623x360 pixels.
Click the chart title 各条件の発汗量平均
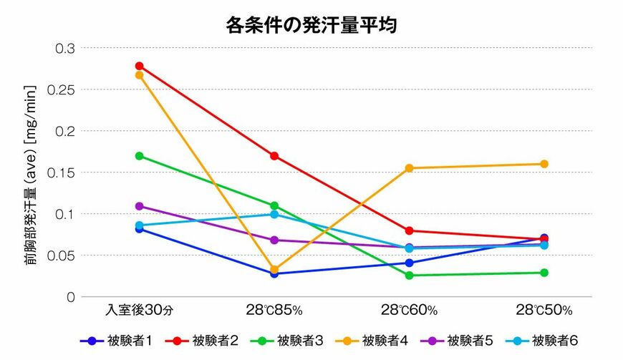(x=311, y=26)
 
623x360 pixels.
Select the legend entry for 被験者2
(x=208, y=341)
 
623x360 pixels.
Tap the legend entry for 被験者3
(x=293, y=341)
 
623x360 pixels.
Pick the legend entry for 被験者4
(x=377, y=341)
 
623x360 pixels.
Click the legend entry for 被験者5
(x=462, y=341)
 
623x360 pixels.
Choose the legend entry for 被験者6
(x=546, y=341)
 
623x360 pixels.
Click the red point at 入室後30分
(x=139, y=66)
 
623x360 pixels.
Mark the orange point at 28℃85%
(x=274, y=270)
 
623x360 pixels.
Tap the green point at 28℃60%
(x=409, y=276)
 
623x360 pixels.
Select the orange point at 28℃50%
(x=544, y=164)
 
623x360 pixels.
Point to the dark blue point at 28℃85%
(x=274, y=273)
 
